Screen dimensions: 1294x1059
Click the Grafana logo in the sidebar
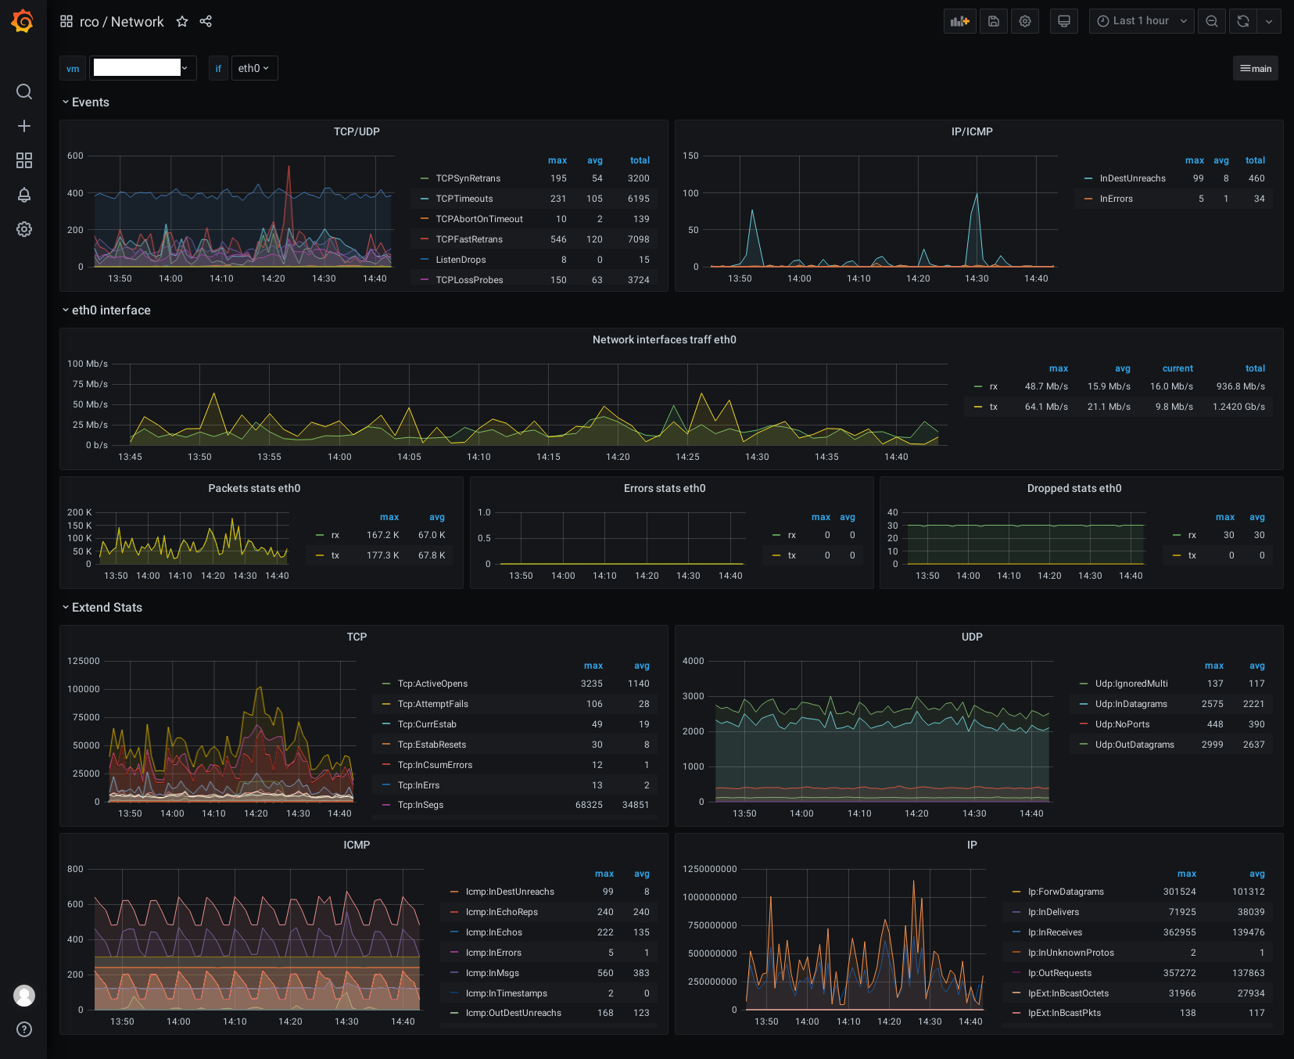23,21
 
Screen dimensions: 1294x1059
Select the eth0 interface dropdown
254,68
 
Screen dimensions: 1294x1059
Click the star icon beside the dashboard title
182,21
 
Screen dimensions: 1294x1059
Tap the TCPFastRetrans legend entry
469,239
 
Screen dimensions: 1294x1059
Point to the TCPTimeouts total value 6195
639,199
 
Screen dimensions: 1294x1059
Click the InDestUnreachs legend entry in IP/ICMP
1132,178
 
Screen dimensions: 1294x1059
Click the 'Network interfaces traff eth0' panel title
665,339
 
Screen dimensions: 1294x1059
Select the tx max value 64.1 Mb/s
1046,407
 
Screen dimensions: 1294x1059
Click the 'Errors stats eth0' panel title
665,488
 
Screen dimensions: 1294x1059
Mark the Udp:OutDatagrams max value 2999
1213,745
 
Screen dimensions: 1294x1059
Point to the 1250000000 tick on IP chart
710,869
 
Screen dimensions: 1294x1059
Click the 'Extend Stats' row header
107,607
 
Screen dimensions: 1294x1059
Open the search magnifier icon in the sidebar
24,92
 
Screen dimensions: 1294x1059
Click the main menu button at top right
1256,68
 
